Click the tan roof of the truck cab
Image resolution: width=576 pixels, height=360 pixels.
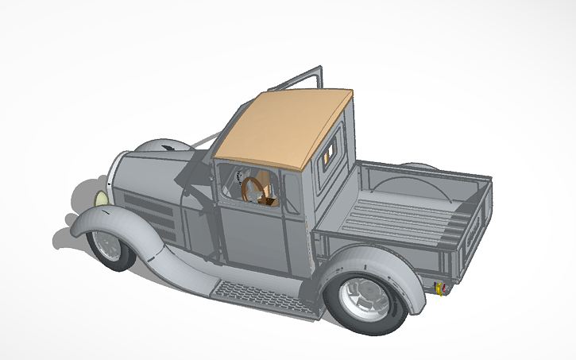tap(286, 127)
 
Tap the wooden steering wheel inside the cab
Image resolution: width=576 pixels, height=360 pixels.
tap(255, 191)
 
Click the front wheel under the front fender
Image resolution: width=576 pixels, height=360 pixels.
tap(107, 247)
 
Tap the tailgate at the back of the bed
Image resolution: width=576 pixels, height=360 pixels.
tap(469, 230)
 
